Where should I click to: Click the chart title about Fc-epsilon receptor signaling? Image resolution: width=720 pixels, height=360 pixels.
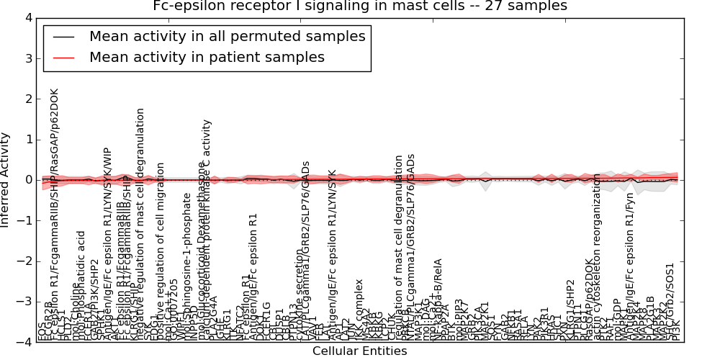[x=360, y=6]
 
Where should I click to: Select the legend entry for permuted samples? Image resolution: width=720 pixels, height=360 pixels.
[x=227, y=36]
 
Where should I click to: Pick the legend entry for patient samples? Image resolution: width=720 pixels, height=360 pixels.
[x=207, y=57]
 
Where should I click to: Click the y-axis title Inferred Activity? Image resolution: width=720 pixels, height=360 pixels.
[x=6, y=180]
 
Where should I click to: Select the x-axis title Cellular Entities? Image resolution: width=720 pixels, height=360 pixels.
[x=360, y=351]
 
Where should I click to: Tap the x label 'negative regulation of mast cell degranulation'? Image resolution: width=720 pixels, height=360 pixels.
[x=140, y=223]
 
